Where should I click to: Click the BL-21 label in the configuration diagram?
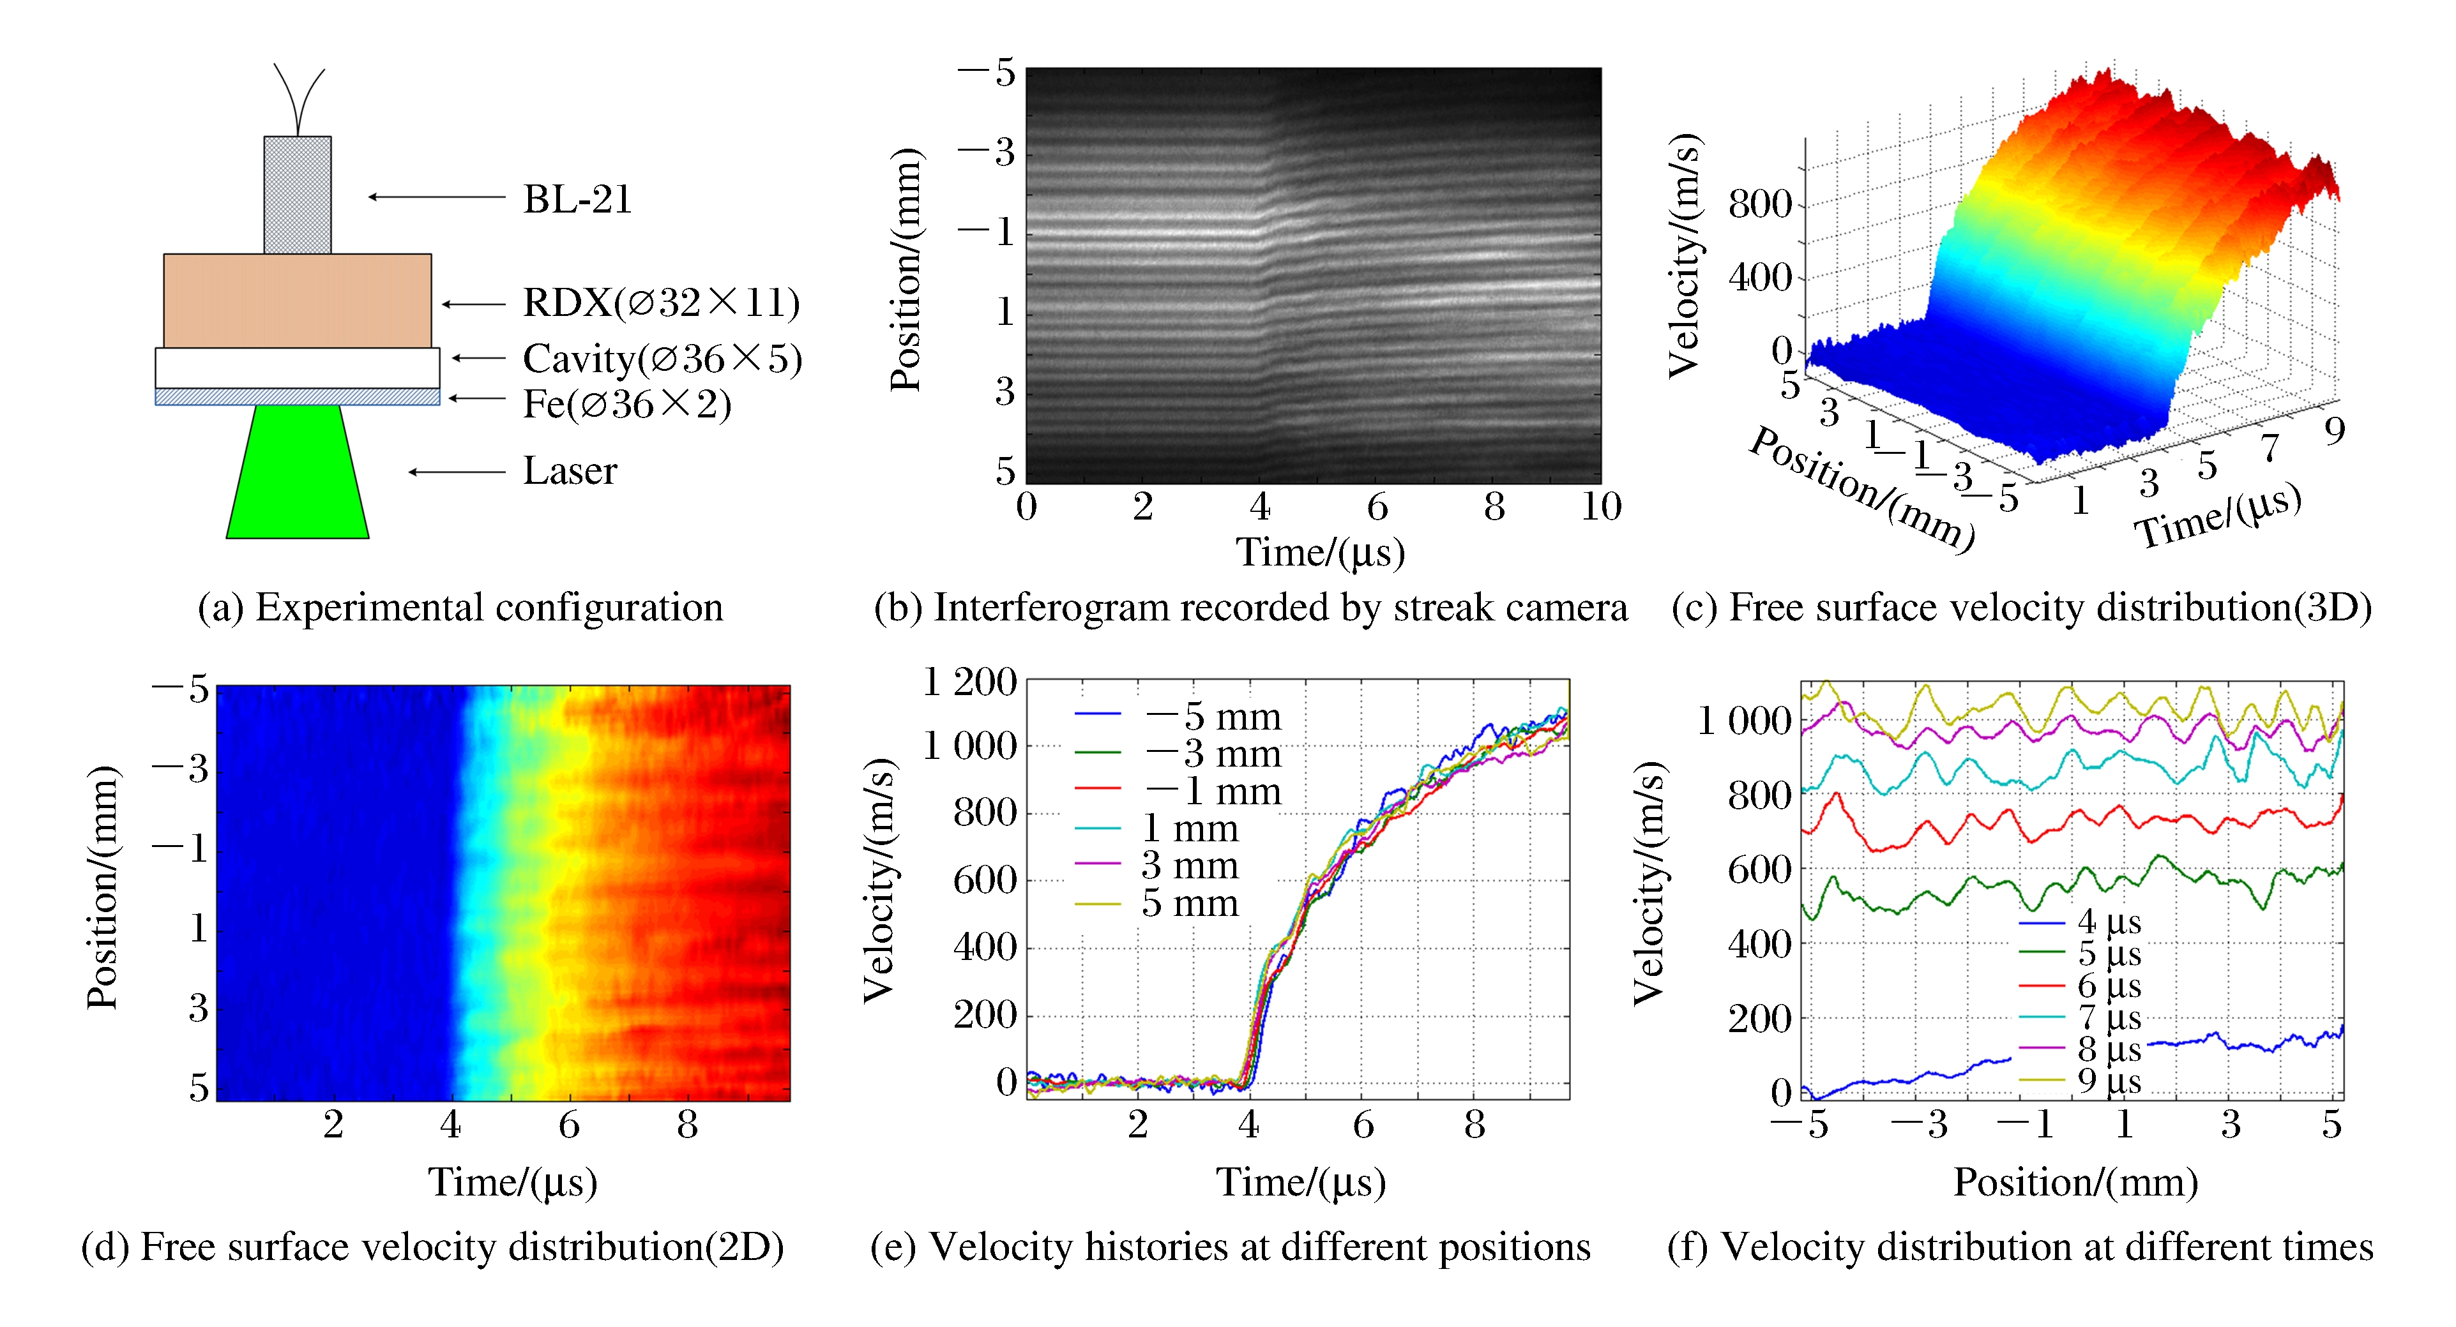point(577,199)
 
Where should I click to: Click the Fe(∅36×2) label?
point(626,404)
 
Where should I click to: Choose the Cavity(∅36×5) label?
point(662,359)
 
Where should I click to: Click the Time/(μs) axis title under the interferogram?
point(1321,553)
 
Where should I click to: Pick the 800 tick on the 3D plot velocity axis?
point(1759,204)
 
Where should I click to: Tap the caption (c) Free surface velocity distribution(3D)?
point(2021,607)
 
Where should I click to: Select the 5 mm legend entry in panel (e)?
point(1189,903)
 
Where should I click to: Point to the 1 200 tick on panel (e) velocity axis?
point(969,682)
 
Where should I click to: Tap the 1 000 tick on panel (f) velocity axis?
point(1744,721)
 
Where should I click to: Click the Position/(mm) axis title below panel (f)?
point(2075,1182)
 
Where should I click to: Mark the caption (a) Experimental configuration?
point(460,607)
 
